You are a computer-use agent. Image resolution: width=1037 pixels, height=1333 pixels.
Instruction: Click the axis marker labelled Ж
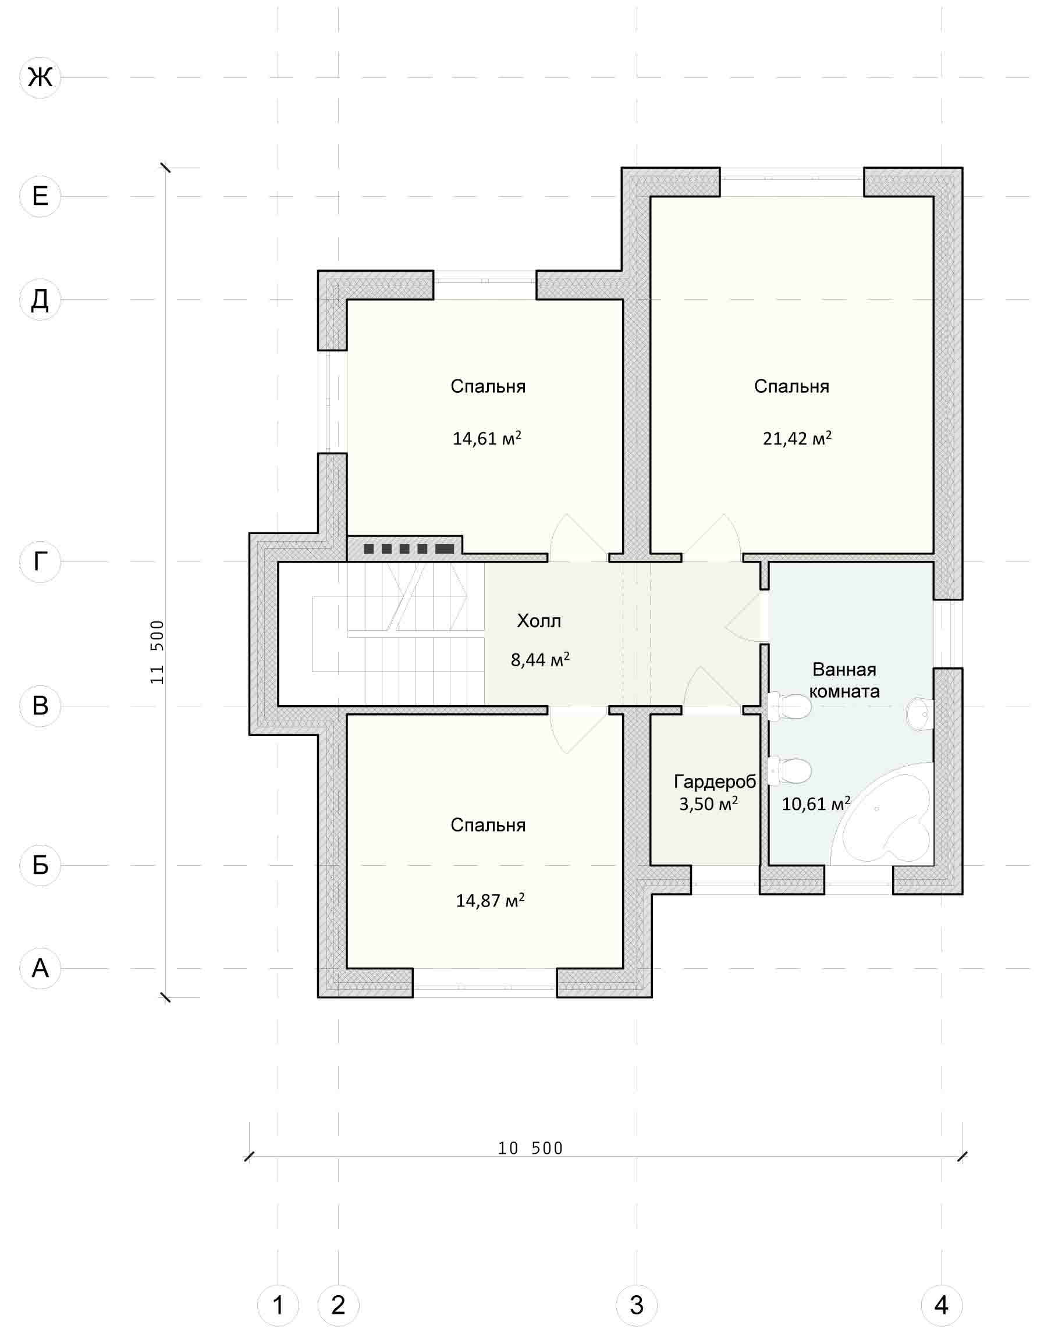click(x=40, y=77)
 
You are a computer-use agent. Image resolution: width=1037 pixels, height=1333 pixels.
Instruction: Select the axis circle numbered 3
click(x=637, y=1306)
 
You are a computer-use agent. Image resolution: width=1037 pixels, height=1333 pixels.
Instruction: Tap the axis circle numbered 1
click(x=278, y=1306)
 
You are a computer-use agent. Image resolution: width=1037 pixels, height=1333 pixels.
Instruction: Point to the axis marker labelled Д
click(x=40, y=299)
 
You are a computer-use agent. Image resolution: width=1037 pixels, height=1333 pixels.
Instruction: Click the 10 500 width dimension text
click(x=530, y=1149)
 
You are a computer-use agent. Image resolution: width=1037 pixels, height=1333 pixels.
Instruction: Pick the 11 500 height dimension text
click(x=158, y=652)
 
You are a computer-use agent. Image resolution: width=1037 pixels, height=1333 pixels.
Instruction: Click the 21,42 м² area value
click(x=797, y=438)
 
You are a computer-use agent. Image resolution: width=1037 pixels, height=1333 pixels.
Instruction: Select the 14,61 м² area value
click(x=487, y=438)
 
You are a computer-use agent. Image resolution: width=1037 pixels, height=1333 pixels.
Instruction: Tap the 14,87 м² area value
click(x=490, y=900)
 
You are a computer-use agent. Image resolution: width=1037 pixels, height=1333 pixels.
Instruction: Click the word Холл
click(x=539, y=621)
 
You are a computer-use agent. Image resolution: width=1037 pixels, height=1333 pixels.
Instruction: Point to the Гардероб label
click(x=715, y=781)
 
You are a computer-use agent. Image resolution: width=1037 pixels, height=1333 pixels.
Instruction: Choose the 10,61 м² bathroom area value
click(x=816, y=804)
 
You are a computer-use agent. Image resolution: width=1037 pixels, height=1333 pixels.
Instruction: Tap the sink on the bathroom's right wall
click(x=921, y=713)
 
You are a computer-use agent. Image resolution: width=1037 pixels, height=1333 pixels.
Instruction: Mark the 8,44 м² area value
click(x=540, y=660)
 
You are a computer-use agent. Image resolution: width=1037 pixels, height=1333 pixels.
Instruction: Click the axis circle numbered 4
click(x=942, y=1306)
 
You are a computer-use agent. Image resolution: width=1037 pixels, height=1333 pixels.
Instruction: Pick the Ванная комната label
click(x=845, y=681)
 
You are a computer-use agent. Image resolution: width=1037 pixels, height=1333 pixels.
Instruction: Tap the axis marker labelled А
click(x=40, y=968)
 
